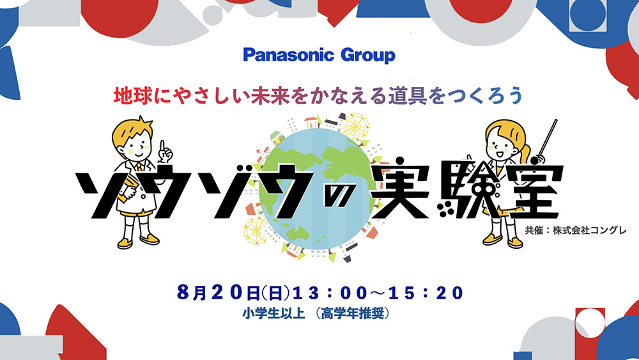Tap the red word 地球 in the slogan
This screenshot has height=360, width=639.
[128, 96]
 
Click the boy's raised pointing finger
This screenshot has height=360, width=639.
[162, 147]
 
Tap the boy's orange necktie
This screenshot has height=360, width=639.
[140, 166]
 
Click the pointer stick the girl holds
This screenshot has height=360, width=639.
[547, 139]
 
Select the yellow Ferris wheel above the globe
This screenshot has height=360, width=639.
[355, 126]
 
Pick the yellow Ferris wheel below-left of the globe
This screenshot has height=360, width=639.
[255, 231]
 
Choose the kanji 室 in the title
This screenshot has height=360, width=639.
[530, 190]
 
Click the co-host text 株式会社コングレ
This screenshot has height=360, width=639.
[590, 230]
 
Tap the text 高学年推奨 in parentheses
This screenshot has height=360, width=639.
[353, 313]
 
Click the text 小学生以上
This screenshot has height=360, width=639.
[274, 313]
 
